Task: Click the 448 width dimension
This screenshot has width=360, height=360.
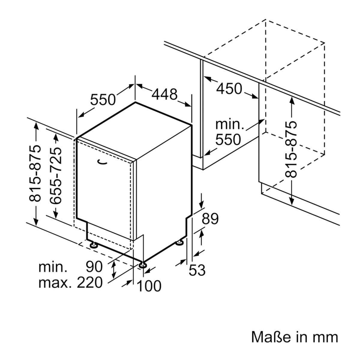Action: tap(164, 94)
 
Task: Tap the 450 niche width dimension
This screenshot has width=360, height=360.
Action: tap(229, 88)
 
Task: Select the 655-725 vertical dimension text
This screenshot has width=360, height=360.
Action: tap(56, 175)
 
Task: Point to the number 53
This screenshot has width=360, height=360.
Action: tap(197, 270)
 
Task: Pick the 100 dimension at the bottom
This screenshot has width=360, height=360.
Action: tap(149, 286)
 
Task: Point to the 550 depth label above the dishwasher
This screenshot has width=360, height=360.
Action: tap(103, 100)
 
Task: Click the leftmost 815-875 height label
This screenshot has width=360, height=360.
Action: tap(35, 173)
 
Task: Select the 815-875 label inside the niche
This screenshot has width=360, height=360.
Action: tap(291, 149)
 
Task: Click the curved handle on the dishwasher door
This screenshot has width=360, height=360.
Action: tap(103, 162)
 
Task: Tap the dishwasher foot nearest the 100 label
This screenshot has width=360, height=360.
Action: tap(143, 265)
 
